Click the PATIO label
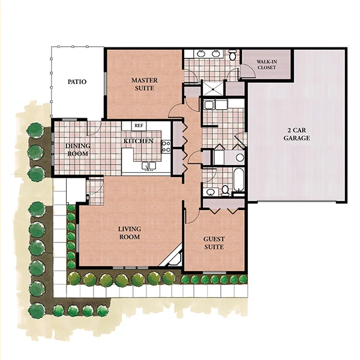pos(77,82)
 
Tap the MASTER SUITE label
pos(145,84)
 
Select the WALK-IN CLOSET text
pos(266,65)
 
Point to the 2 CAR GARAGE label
pos(296,134)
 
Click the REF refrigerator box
pos(139,125)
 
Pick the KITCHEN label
pos(139,141)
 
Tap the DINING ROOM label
pos(77,149)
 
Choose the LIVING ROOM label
pos(130,233)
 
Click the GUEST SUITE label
pos(214,243)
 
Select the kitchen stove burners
pos(166,147)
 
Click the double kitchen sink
pos(149,166)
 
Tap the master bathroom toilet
pos(233,55)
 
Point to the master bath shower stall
pos(213,88)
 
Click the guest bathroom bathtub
pos(239,180)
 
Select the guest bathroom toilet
pos(225,191)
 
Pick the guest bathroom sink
pos(210,192)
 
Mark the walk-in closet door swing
pos(248,70)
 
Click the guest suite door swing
pos(193,216)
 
